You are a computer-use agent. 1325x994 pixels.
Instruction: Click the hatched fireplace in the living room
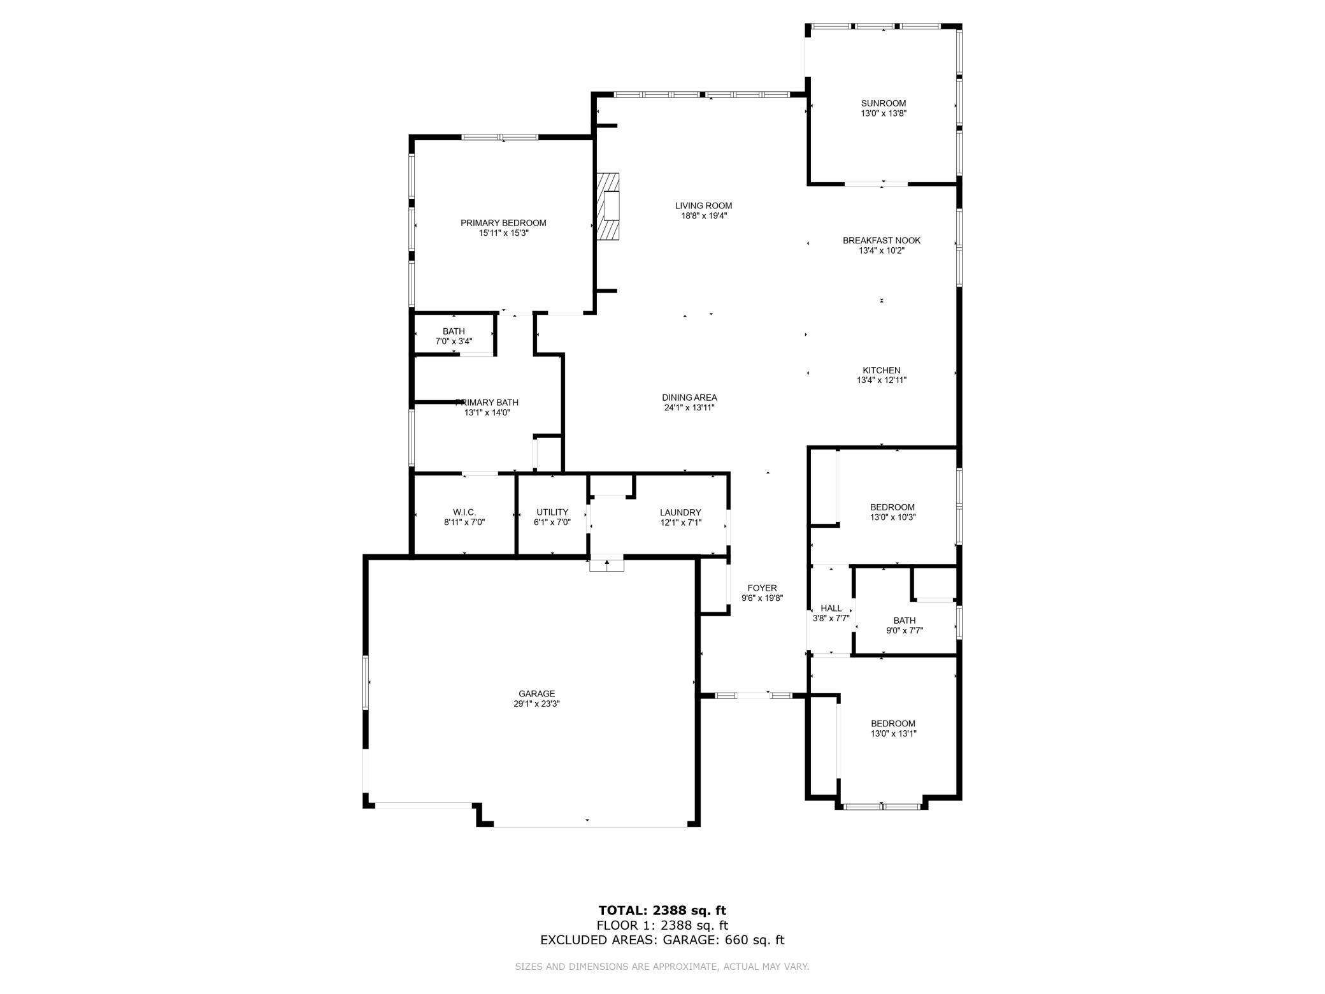[608, 206]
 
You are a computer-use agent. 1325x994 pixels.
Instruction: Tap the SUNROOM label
[883, 103]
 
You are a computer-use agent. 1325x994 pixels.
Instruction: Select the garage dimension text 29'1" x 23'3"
[536, 704]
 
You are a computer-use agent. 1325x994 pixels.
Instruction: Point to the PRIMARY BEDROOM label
[503, 223]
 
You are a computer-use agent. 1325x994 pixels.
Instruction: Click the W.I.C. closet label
[464, 512]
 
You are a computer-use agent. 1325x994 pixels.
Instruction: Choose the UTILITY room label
[552, 512]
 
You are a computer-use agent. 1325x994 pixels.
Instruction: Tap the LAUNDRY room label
[680, 512]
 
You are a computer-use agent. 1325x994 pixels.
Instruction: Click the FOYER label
[762, 588]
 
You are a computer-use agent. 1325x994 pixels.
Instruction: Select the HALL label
[831, 609]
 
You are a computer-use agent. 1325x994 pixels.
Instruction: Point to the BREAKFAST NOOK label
[882, 240]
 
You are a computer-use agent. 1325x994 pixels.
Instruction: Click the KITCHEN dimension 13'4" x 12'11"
[882, 380]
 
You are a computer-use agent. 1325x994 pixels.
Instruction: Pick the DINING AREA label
[689, 398]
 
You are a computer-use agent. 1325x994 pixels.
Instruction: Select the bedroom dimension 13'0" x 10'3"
[892, 517]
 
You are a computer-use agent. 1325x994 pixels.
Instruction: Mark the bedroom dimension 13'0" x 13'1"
[892, 733]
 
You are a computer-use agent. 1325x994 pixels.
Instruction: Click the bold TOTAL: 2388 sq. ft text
[662, 911]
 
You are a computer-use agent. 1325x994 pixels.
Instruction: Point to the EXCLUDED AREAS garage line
[662, 940]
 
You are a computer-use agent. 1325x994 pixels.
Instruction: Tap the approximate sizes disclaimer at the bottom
[662, 967]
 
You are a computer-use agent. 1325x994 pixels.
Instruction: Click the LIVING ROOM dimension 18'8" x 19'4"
[703, 216]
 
